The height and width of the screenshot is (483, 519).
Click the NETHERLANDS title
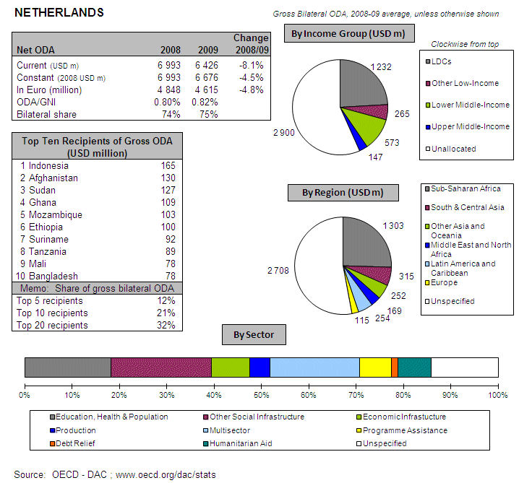pos(59,13)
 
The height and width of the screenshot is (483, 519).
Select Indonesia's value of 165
pos(168,166)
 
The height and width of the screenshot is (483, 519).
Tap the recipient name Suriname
pos(48,240)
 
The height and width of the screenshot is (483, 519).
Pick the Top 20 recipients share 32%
pos(166,326)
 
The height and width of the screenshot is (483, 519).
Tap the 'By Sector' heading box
pos(254,335)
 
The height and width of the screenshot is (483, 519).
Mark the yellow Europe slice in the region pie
pos(353,303)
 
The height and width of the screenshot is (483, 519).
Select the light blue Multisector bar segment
pos(314,367)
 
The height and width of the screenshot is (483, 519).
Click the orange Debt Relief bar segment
pos(394,367)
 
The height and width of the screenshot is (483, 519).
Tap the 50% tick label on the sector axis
pos(261,395)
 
